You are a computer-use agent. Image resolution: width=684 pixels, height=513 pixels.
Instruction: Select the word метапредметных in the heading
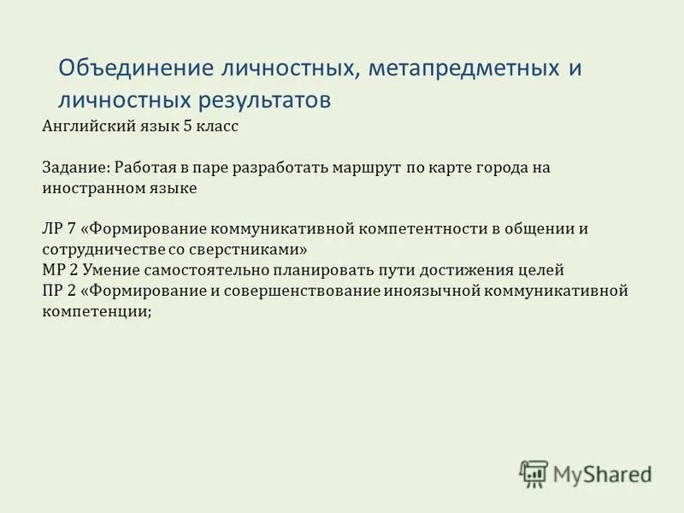pos(463,68)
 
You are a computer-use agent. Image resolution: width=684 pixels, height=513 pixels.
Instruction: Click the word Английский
pos(85,126)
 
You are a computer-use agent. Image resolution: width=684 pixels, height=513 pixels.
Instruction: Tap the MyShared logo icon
pos(534,474)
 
